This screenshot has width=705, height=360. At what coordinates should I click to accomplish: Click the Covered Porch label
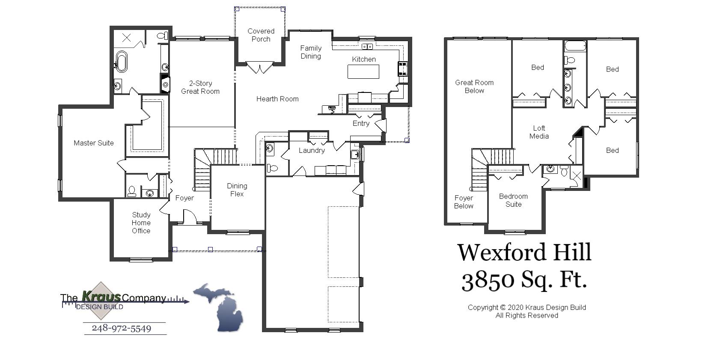point(261,35)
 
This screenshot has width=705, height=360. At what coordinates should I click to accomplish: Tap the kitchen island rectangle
point(363,71)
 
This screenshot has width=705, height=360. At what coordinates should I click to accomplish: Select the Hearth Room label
point(277,99)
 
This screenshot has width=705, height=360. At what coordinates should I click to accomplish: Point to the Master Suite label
point(94,143)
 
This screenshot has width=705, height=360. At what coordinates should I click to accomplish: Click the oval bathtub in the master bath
point(122,62)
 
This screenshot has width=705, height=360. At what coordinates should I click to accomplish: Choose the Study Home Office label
point(141,223)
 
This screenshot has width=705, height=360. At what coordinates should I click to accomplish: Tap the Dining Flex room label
point(237,190)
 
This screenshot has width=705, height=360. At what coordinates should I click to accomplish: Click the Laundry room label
point(312,150)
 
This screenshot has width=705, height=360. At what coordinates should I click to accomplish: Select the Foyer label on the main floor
point(184,198)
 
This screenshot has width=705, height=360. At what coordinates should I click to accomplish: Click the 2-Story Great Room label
point(200,87)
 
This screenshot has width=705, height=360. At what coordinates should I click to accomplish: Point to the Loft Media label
point(539,132)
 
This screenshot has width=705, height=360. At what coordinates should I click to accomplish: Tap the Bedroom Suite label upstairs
point(513,200)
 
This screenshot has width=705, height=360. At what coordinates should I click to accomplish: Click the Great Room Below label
point(474,86)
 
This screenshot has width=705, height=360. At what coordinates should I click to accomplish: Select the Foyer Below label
point(464,202)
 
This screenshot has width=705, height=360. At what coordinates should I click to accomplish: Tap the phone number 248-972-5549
point(122,328)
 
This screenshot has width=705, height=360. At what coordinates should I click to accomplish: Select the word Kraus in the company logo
point(101,296)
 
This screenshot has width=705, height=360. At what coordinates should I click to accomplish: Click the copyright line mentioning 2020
point(527,307)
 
